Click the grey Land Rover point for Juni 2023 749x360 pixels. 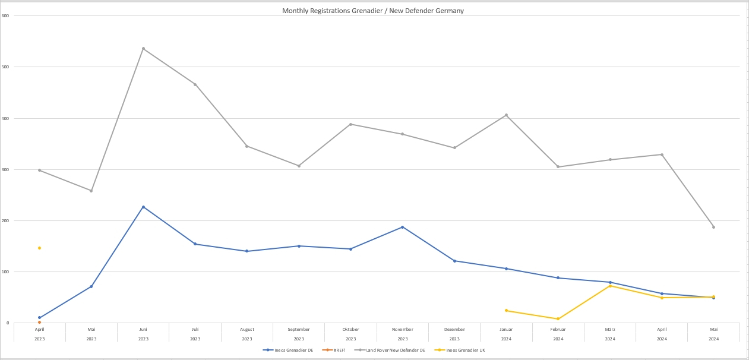tap(143, 49)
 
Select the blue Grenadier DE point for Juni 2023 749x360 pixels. tap(143, 207)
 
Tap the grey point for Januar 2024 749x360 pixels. tap(506, 115)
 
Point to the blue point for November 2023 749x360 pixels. tap(402, 227)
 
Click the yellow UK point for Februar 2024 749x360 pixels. tap(558, 319)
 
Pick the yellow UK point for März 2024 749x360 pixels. tap(610, 286)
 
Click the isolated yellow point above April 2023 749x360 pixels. tap(39, 248)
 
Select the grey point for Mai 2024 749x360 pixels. tap(713, 227)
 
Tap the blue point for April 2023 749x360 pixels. tap(39, 318)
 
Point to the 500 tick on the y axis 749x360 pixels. tap(5, 67)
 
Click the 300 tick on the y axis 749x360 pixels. tap(5, 170)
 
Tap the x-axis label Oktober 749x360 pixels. tap(350, 329)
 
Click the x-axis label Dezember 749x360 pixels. tap(454, 329)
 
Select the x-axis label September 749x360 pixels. tap(299, 329)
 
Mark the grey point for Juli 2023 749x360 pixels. tap(195, 84)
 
